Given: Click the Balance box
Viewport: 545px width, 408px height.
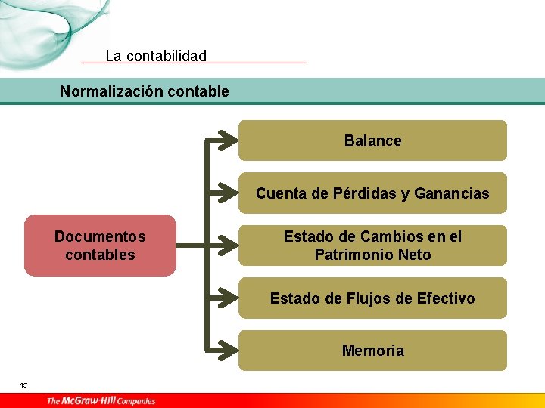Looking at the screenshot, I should [372, 141].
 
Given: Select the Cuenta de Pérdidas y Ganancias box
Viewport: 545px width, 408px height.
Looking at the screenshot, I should [372, 193].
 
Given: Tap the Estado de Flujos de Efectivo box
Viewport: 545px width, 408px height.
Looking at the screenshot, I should [372, 298].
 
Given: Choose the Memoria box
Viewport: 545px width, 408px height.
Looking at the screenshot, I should [372, 351].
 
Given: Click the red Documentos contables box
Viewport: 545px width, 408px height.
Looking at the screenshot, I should [100, 246].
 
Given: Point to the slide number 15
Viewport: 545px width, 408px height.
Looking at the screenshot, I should [23, 385].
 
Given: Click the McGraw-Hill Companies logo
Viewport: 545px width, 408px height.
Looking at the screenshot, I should [101, 400].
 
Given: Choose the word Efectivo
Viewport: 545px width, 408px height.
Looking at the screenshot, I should [446, 298].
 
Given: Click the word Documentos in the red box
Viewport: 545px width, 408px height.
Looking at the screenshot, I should [100, 236].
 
